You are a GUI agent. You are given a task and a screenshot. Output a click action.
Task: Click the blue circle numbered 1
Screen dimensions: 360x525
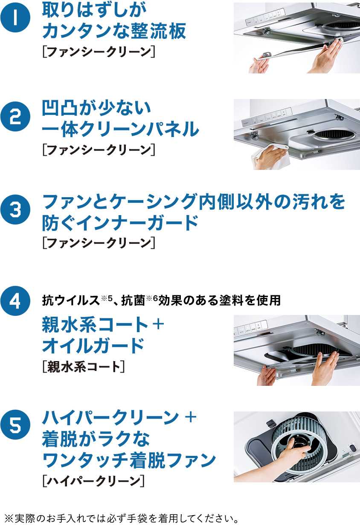click(x=15, y=18)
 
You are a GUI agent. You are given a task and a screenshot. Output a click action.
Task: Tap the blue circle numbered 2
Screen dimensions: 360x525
click(x=15, y=117)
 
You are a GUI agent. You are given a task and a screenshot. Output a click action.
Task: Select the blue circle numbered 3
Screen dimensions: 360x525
click(x=15, y=209)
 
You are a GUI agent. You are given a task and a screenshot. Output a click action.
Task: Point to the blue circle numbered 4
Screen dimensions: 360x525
click(x=15, y=301)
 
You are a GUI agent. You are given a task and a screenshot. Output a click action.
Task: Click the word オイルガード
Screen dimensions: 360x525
click(x=93, y=346)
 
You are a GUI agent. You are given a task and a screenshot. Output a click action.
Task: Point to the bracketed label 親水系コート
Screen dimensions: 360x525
click(x=84, y=367)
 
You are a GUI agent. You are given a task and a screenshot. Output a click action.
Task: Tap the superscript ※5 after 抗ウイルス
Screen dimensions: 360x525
click(x=107, y=297)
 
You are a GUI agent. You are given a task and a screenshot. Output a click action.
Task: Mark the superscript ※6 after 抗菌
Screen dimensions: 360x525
click(x=151, y=297)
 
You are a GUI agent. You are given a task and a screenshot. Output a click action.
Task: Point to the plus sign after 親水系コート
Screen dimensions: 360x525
click(x=158, y=325)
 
